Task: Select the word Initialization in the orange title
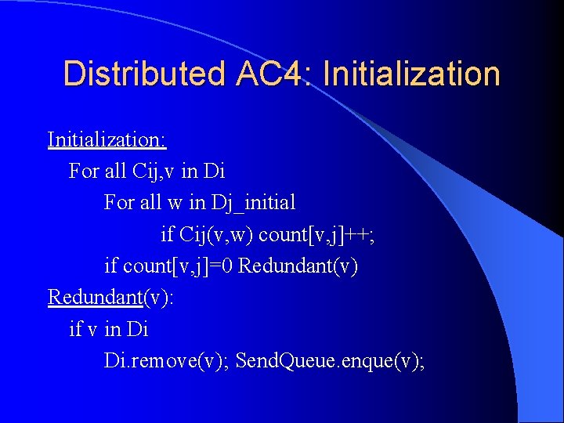pyautogui.click(x=411, y=74)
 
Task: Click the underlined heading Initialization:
pyautogui.click(x=107, y=139)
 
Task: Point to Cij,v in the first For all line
pyautogui.click(x=156, y=171)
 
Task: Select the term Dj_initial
pyautogui.click(x=253, y=203)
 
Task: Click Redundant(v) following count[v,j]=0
pyautogui.click(x=298, y=266)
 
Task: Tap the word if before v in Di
pyautogui.click(x=75, y=329)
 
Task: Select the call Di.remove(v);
pyautogui.click(x=166, y=361)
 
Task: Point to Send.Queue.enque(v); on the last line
pyautogui.click(x=330, y=361)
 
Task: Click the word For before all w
pyautogui.click(x=119, y=203)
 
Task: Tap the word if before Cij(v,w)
pyautogui.click(x=167, y=234)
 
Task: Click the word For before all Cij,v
pyautogui.click(x=85, y=171)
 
